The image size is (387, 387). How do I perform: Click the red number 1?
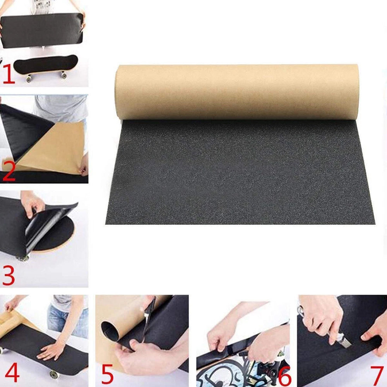(x=9, y=74)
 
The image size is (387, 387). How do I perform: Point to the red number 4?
(x=12, y=373)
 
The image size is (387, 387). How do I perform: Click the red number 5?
(x=108, y=374)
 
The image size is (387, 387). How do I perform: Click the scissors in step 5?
(x=148, y=319)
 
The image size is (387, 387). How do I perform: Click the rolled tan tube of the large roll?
(x=237, y=92)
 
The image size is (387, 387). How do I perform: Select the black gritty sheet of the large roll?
(x=240, y=172)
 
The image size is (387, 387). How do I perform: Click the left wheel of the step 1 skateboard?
(x=29, y=79)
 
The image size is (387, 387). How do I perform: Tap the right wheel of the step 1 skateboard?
(x=64, y=75)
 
